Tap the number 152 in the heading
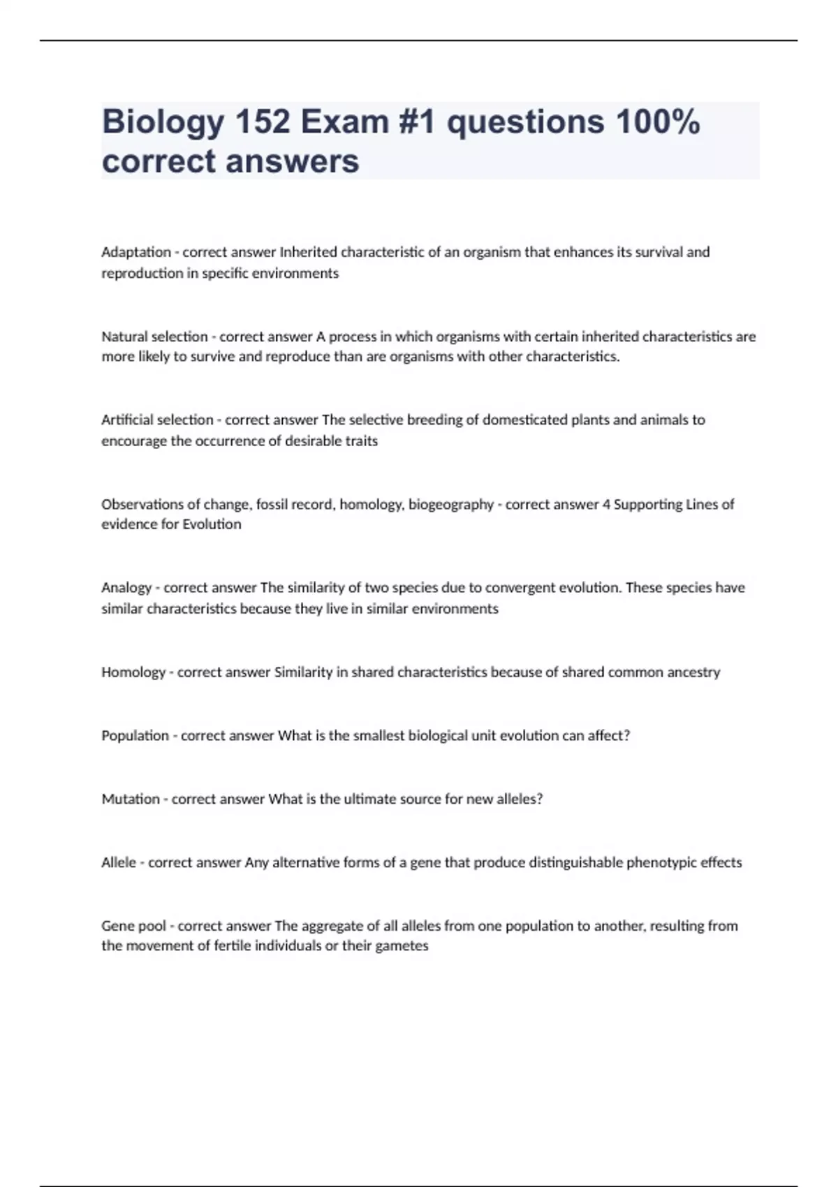click(x=262, y=122)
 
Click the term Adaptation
click(x=136, y=252)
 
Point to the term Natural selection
click(x=154, y=337)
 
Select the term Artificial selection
click(x=157, y=420)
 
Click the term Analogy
click(x=126, y=588)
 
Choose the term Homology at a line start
click(x=133, y=672)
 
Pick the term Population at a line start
click(x=135, y=735)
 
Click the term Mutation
click(x=131, y=799)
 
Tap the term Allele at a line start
click(x=119, y=862)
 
